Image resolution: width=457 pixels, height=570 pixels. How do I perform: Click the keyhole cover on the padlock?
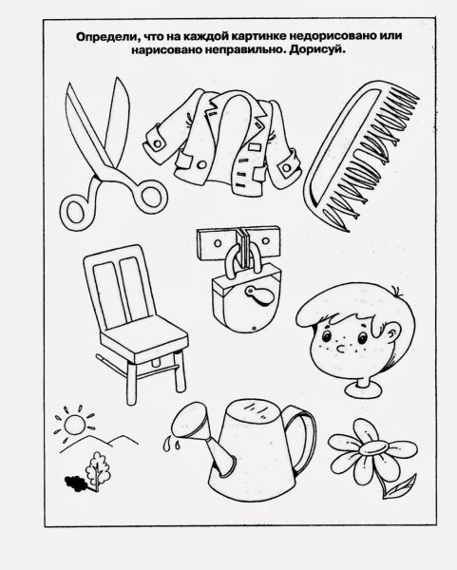pos(258,294)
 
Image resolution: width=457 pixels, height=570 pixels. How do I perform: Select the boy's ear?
pos(393,332)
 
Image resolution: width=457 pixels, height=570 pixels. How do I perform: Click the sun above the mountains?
pos(74,425)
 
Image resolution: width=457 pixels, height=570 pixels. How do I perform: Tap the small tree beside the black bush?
pos(96,470)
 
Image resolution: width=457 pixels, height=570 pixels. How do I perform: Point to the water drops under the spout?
pos(171,445)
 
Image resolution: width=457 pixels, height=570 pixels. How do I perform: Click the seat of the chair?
pos(143,342)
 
